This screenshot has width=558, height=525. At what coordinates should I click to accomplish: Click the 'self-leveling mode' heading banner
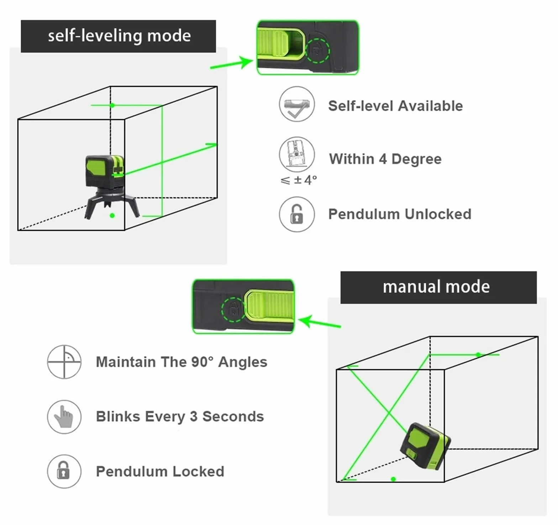coord(118,36)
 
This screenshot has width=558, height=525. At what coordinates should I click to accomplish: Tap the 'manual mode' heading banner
coord(438,287)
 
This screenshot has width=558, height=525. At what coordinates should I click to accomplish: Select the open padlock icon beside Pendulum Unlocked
coord(297,214)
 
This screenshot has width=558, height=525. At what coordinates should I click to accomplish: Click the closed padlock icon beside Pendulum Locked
coord(64,471)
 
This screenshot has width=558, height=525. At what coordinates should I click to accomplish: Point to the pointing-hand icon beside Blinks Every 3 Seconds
coord(64,417)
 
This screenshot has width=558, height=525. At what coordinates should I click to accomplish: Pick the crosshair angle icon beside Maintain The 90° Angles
coord(64,362)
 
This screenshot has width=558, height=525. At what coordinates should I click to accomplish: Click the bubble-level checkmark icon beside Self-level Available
coord(297,104)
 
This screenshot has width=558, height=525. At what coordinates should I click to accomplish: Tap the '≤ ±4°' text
coord(299,180)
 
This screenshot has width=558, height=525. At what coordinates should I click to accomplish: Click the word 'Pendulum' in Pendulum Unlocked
coord(364,214)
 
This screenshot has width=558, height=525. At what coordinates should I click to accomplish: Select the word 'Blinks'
coord(118,417)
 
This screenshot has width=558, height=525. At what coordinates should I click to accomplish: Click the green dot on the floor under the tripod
coord(112,216)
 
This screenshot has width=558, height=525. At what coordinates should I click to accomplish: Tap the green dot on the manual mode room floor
coord(393,479)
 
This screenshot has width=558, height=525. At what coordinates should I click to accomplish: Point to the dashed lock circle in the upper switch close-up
coord(318,51)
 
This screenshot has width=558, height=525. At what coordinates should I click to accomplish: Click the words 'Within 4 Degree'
coord(385,159)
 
